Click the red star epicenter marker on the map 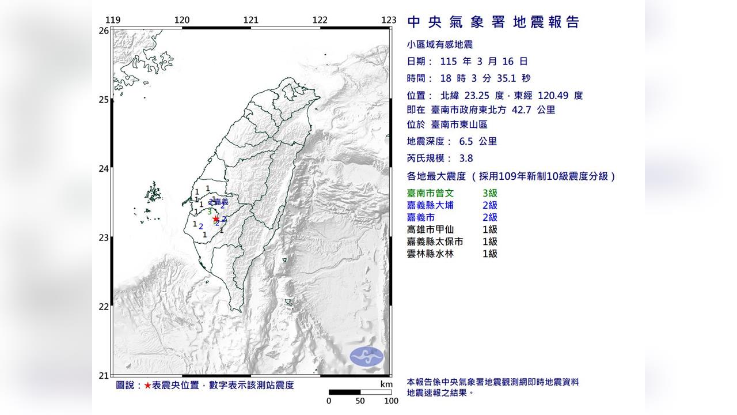tap(216, 218)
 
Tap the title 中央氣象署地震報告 tap(493, 22)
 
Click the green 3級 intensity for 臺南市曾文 tap(490, 194)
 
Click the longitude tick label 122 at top tap(320, 20)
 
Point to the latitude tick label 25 tap(104, 100)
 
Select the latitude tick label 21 tap(104, 376)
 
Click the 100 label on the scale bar tap(391, 401)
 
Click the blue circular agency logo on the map tap(367, 356)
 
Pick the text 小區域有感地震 tap(440, 44)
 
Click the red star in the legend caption tap(148, 386)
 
